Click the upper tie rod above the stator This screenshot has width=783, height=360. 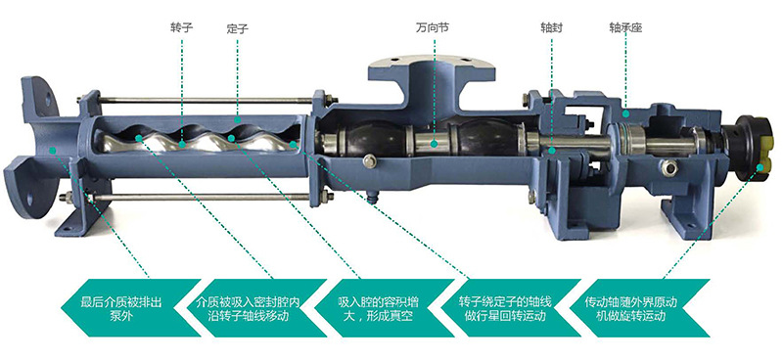tap(196, 99)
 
